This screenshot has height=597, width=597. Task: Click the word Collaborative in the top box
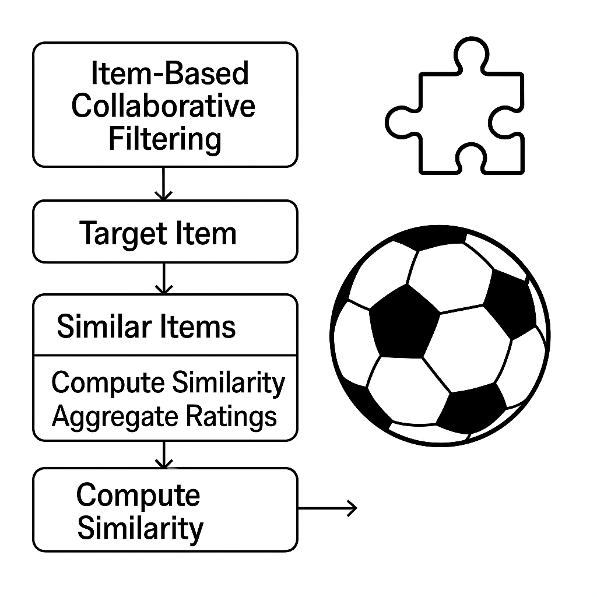(x=164, y=107)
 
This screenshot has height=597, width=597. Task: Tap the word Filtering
(x=165, y=139)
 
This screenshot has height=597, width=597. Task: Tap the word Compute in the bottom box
(x=138, y=495)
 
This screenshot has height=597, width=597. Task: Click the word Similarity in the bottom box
(x=140, y=528)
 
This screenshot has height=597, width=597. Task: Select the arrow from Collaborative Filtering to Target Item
(x=164, y=184)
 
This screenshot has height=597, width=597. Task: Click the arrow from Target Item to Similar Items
(x=165, y=278)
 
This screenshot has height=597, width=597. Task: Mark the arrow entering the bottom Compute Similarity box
(x=164, y=454)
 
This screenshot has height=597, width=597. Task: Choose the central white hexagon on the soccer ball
(x=466, y=344)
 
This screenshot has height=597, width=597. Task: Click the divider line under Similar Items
(x=165, y=355)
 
